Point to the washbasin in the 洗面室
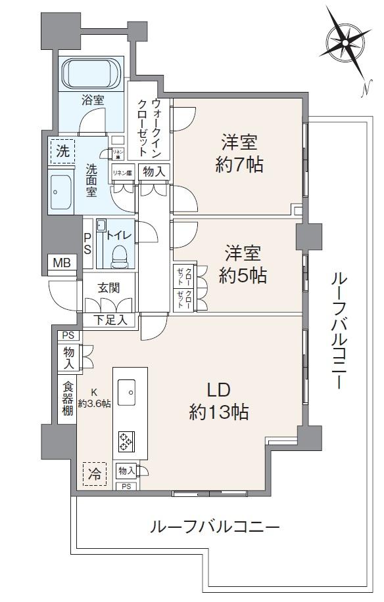(x=62, y=192)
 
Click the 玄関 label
(x=108, y=287)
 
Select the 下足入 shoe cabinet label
(x=109, y=320)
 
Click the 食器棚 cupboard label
(x=67, y=398)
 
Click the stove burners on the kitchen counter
(x=125, y=441)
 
